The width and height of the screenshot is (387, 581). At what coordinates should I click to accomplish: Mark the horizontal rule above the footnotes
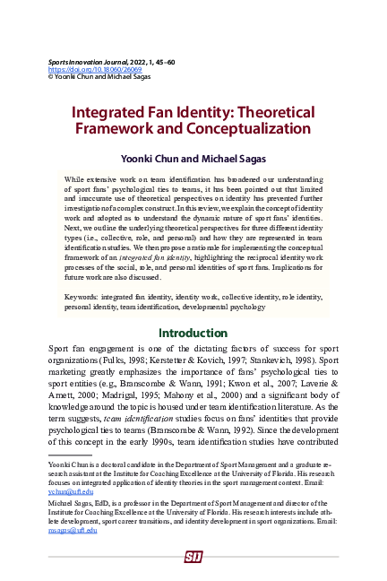71,456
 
